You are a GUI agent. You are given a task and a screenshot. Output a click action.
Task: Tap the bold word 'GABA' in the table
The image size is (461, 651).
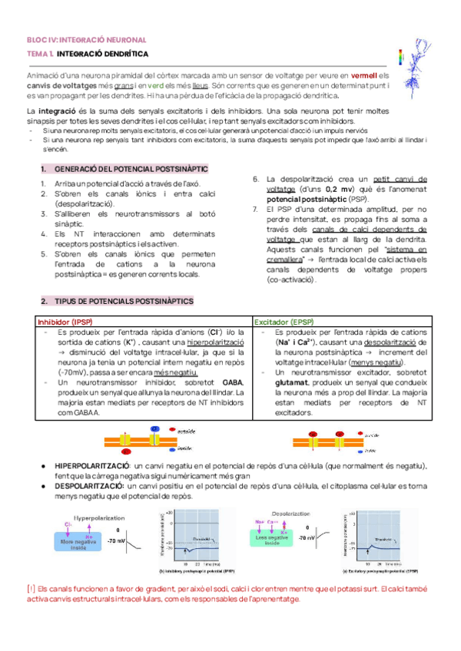pos(231,382)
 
